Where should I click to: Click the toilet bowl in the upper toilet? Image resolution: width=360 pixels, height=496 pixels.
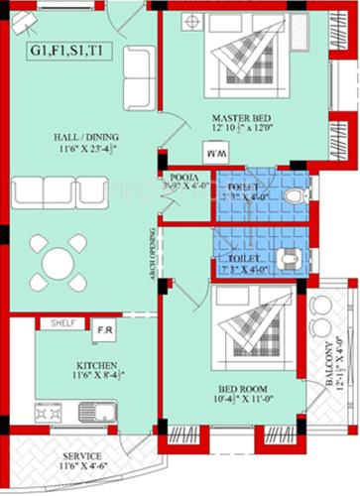[x=294, y=196]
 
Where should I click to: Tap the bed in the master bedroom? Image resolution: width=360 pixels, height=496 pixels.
[x=243, y=60]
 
